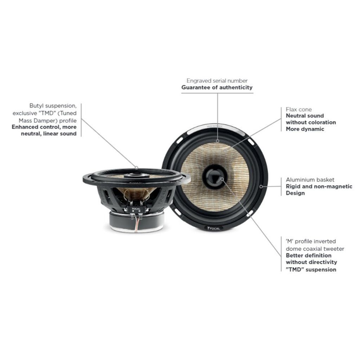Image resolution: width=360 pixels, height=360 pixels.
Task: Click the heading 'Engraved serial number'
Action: click(x=217, y=81)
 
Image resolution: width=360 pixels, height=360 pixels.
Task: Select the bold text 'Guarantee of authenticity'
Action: click(x=217, y=88)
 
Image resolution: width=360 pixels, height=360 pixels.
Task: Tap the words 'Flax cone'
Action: click(x=299, y=110)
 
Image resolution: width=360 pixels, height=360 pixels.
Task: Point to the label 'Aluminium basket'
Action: click(x=310, y=180)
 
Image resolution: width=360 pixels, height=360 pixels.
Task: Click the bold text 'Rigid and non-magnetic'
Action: click(x=319, y=186)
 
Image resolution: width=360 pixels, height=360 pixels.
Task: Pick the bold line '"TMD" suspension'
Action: click(x=311, y=270)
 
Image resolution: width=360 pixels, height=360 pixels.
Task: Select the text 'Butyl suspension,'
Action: click(x=53, y=106)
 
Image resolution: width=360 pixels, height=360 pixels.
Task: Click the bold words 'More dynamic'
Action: click(x=305, y=129)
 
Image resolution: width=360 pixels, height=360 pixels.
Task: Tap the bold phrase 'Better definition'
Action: click(x=309, y=256)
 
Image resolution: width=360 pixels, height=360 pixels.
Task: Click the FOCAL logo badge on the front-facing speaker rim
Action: click(x=213, y=228)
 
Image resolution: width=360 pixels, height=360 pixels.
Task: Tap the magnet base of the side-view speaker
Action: click(x=137, y=221)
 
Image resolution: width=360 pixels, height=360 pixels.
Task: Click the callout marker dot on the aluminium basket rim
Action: click(x=261, y=186)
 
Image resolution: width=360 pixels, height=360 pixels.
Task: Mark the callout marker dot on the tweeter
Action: click(x=222, y=179)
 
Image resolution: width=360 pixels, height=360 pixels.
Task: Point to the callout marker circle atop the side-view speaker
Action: click(x=136, y=168)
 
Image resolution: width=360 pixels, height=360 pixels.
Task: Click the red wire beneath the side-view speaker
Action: click(x=137, y=224)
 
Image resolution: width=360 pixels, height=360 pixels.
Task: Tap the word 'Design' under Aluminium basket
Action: click(x=295, y=193)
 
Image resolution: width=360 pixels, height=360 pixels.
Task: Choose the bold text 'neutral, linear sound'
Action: click(x=49, y=134)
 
